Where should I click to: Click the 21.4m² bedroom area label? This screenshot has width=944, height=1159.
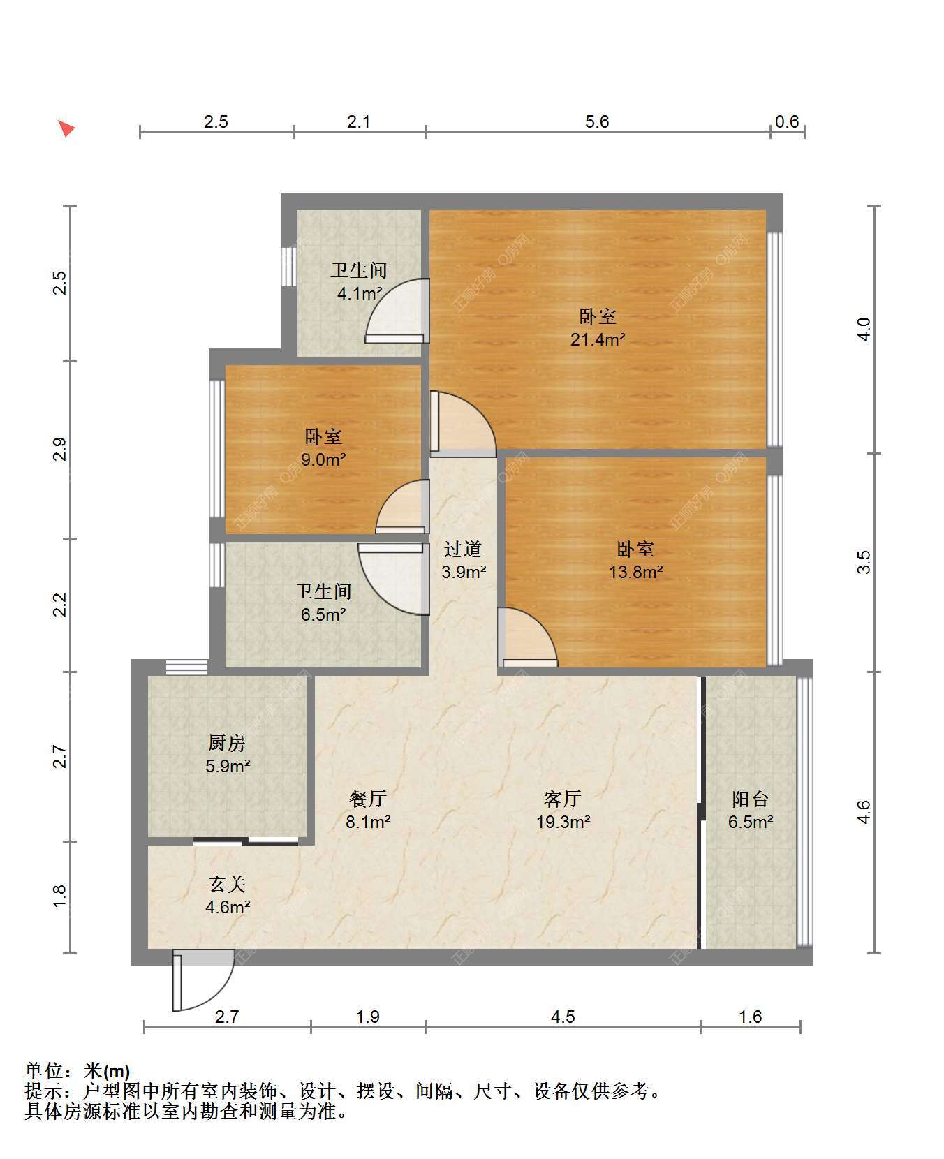coord(598,340)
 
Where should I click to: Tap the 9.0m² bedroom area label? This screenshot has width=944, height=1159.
coord(323,460)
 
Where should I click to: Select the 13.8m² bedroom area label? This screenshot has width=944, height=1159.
coord(635,573)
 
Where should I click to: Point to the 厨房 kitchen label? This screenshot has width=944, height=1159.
coord(227,743)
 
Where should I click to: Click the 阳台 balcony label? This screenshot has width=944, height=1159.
coord(751,799)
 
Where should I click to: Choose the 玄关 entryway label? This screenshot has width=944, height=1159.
coord(228,884)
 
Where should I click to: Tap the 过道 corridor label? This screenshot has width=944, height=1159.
coord(463,549)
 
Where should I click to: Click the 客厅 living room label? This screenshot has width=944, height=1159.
coord(563,799)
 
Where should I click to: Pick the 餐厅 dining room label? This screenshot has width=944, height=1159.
coord(368,799)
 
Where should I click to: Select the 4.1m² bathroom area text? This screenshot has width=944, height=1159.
coord(360,294)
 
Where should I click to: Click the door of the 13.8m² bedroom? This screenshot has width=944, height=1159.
coord(528,637)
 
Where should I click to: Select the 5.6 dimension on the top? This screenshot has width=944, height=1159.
coord(597,122)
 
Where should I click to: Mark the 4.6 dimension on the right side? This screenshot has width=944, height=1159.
coord(864,812)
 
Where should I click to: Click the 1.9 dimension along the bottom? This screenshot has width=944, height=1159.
coord(368,1017)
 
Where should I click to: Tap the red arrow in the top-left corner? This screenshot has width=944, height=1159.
coord(66,128)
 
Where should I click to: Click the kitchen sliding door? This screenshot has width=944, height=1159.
coord(246,841)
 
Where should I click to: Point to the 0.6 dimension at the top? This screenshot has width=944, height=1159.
coord(787,122)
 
